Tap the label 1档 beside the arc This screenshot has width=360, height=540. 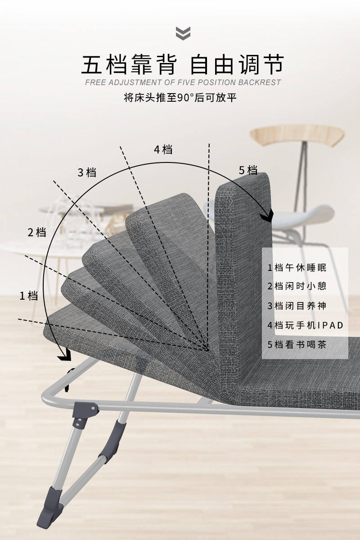28,296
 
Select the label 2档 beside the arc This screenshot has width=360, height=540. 37,232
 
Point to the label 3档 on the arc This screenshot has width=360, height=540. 87,172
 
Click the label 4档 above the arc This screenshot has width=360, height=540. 163,149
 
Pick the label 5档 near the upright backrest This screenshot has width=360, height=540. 248,170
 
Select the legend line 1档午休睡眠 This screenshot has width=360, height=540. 297,268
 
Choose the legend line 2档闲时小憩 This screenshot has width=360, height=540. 297,286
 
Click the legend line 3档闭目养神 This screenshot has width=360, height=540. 297,306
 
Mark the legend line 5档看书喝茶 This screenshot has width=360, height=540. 297,345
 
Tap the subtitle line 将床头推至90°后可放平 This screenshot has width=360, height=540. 180,98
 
